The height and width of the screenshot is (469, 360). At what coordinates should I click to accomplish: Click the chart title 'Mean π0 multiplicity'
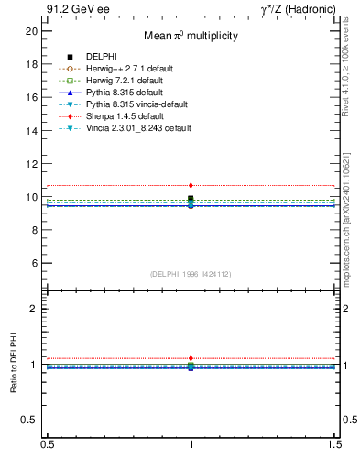point(191,36)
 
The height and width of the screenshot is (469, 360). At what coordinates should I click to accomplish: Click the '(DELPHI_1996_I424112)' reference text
point(191,273)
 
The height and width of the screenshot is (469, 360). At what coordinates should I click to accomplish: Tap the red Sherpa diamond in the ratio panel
point(191,358)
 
